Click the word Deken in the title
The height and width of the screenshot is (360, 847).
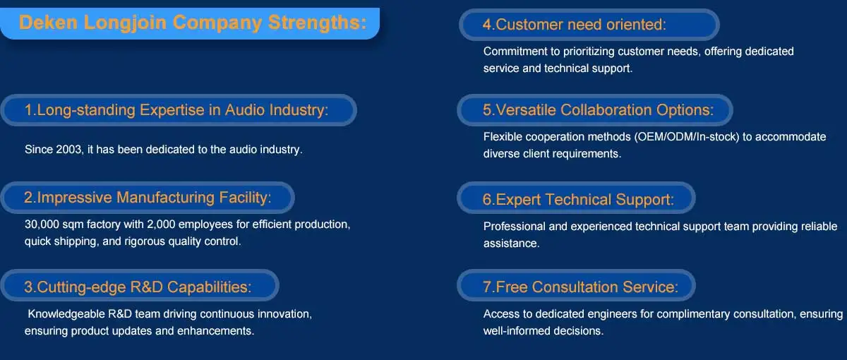tap(48, 23)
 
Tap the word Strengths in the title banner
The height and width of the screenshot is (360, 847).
tap(317, 23)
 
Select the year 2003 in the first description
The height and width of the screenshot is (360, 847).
tap(69, 150)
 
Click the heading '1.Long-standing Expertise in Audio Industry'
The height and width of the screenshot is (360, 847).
tap(176, 110)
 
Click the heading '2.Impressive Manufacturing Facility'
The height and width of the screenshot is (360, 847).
tap(148, 198)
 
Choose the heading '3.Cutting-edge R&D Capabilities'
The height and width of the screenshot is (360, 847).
tap(138, 287)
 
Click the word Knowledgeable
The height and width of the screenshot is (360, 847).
tap(66, 314)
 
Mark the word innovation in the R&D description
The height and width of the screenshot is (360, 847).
tap(284, 314)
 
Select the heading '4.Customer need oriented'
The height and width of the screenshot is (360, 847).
tap(574, 25)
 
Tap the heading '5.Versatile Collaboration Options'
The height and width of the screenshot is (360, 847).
tap(599, 110)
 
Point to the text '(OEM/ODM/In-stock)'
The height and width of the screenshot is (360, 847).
tap(687, 137)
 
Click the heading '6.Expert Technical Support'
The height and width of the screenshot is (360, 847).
tap(578, 199)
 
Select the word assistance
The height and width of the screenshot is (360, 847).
tap(511, 244)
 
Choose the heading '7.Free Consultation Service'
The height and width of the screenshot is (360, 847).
tap(580, 287)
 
